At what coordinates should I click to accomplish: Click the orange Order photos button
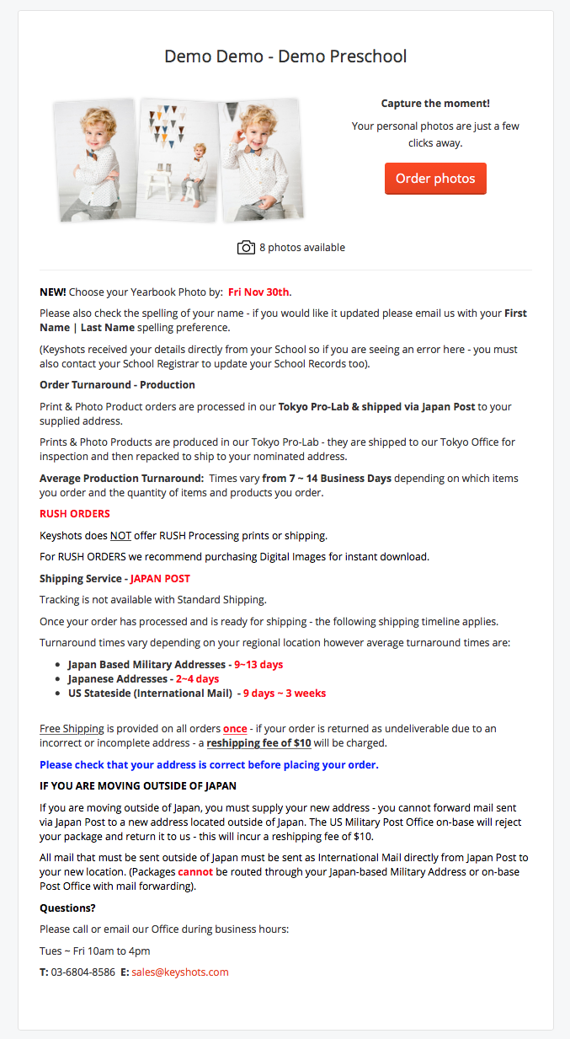pos(435,179)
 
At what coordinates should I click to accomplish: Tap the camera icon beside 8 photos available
pos(246,247)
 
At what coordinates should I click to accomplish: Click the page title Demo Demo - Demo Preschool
pos(285,56)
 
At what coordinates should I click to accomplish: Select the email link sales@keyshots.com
pos(180,972)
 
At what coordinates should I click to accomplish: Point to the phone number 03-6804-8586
pos(83,972)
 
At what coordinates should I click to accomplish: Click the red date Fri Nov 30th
pos(259,292)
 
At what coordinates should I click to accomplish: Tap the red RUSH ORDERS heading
pos(75,513)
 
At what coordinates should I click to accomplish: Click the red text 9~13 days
pos(258,664)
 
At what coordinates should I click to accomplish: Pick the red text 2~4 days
pos(197,678)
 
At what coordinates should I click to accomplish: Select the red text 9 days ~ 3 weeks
pos(285,693)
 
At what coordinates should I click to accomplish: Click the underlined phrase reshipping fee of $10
pos(259,742)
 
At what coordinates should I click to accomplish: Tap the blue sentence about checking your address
pos(209,764)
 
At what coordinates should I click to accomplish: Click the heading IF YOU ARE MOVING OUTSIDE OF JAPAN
pos(138,785)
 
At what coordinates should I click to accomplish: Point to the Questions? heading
pos(67,908)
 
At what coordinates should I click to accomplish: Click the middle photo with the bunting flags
pos(176,160)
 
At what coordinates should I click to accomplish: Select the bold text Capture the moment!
pos(435,104)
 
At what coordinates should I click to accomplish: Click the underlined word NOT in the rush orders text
pos(120,535)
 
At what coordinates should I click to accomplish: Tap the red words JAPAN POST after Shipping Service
pos(160,578)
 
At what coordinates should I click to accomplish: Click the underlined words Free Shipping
pos(72,728)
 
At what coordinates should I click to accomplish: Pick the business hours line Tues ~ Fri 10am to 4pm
pos(95,951)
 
